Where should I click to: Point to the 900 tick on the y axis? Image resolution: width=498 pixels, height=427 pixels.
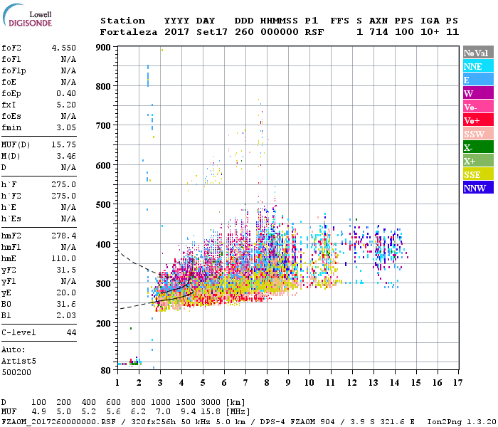pos(104,47)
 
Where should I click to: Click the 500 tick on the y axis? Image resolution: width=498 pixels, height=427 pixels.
pos(104,204)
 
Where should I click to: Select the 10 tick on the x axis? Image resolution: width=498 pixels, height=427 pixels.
pos(309,383)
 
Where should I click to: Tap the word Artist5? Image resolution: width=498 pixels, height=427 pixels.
pos(18,361)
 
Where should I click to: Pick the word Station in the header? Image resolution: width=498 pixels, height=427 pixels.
pos(122,21)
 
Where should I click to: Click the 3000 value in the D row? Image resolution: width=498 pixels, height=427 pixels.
pos(213,402)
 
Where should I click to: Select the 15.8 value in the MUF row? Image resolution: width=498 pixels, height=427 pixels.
pos(213,411)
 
